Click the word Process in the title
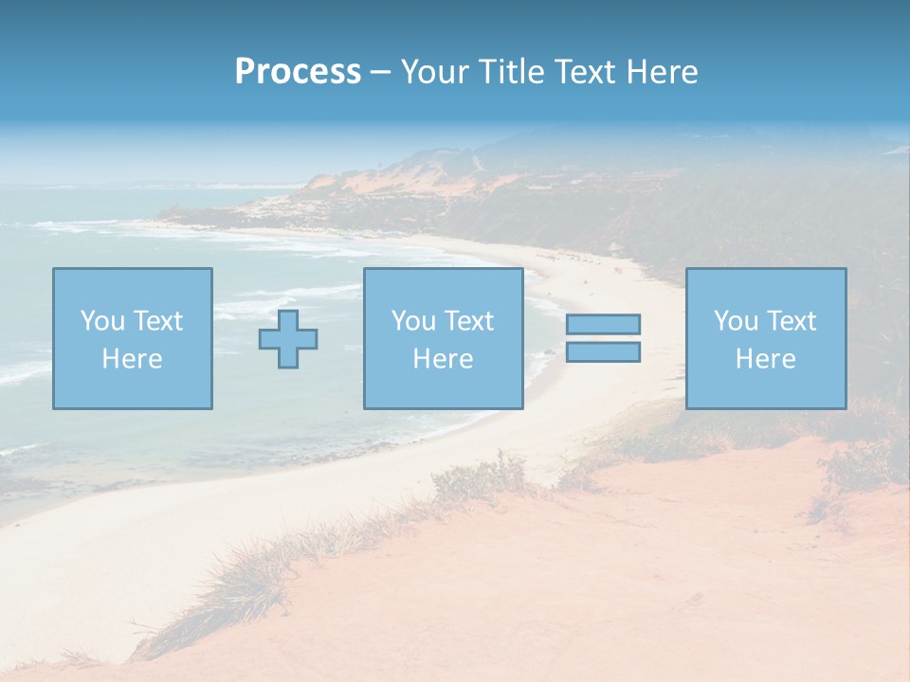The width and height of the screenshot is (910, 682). (298, 72)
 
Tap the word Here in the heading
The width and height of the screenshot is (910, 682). (661, 72)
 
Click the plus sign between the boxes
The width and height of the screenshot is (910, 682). (288, 339)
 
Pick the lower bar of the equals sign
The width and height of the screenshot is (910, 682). (603, 352)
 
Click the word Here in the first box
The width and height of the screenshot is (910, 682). (132, 359)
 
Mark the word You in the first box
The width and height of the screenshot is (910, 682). (102, 321)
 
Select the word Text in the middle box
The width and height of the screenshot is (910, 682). (468, 321)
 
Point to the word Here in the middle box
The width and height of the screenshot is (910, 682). (443, 359)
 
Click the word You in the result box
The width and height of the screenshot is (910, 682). (736, 321)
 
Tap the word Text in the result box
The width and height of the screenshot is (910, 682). (791, 321)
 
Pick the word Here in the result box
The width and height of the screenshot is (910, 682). (765, 359)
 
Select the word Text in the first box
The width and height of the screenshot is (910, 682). (157, 321)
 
